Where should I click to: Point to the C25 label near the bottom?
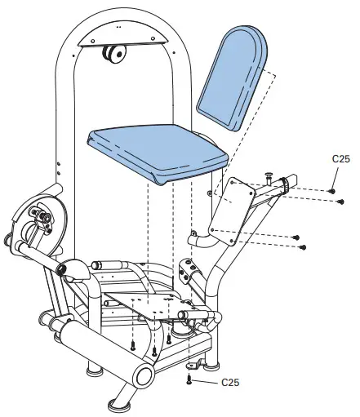pyautogui.click(x=231, y=381)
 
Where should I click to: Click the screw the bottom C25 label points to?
pyautogui.click(x=189, y=378)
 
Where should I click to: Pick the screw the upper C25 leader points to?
pyautogui.click(x=332, y=190)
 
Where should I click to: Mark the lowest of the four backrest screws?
pyautogui.click(x=301, y=246)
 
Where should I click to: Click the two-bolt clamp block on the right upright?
pyautogui.click(x=187, y=269)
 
